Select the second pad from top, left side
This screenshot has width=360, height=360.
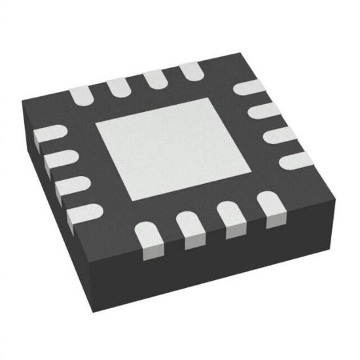tap(60, 158)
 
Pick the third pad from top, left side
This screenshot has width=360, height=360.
tap(70, 185)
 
